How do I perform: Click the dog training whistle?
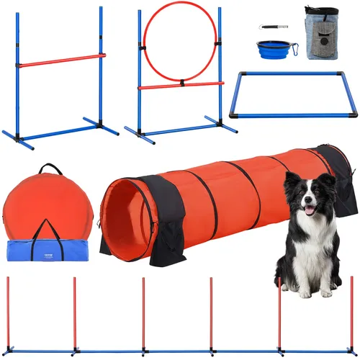(x=271, y=27)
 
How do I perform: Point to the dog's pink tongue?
(x=310, y=210)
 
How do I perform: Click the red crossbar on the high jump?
(x=61, y=60)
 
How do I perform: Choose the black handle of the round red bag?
(x=50, y=171)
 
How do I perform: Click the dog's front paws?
(x=310, y=292)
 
